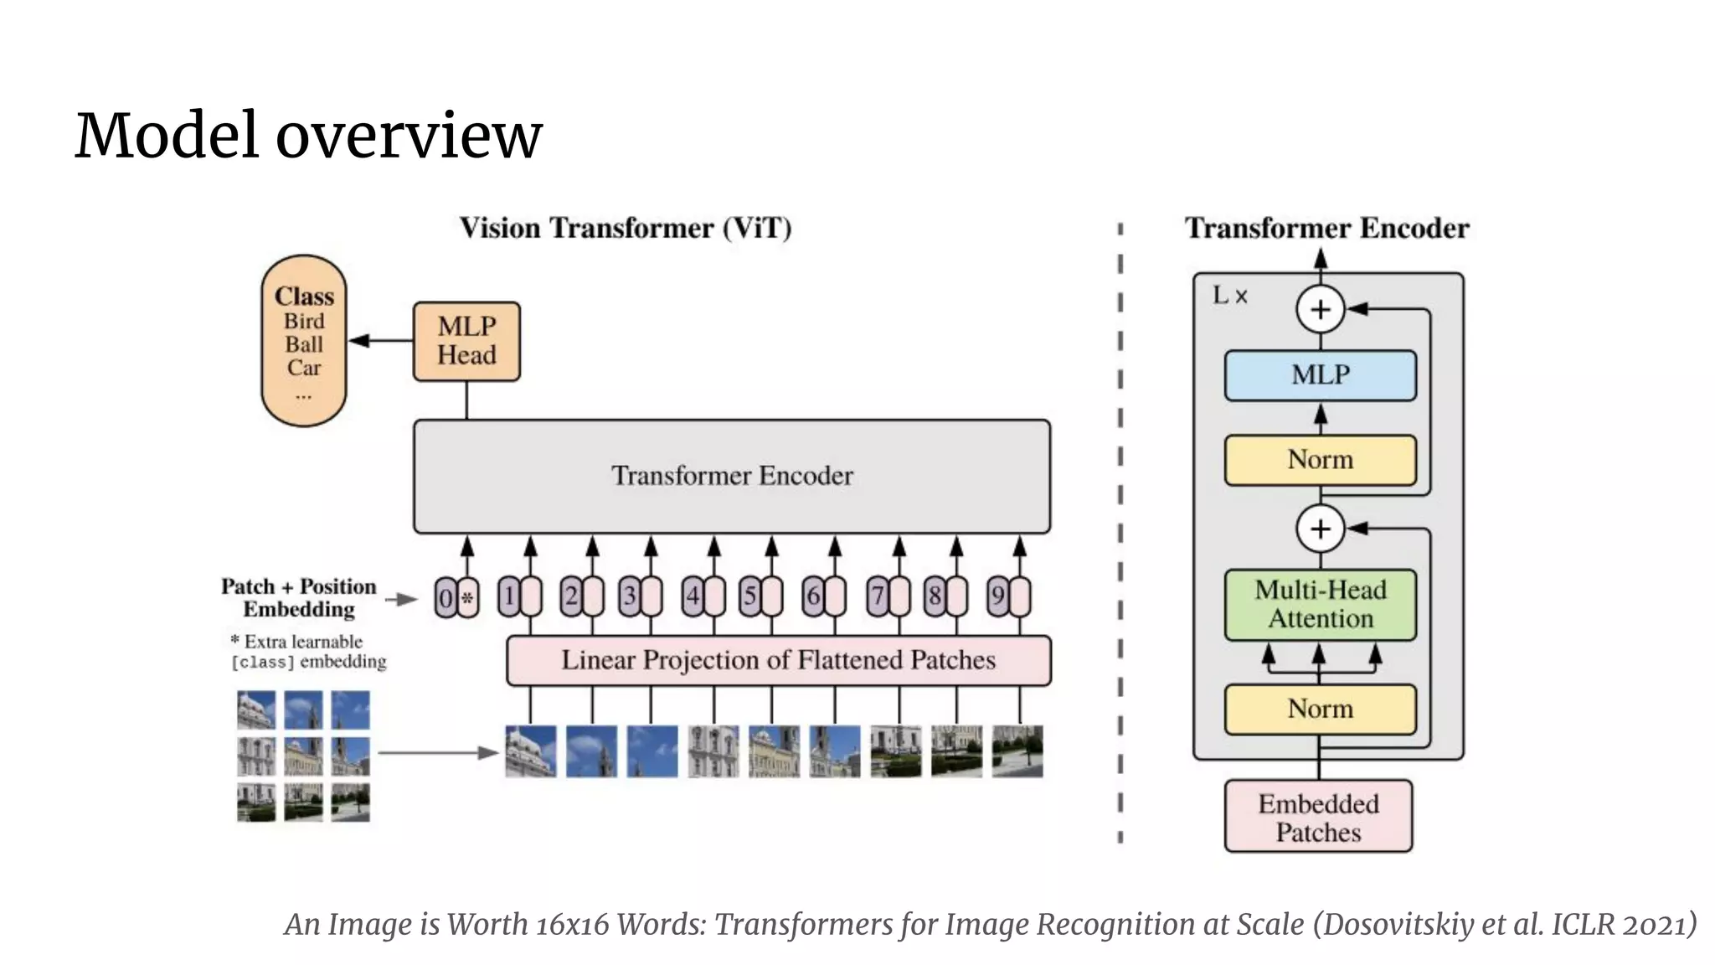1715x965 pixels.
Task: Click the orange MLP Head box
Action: (x=466, y=341)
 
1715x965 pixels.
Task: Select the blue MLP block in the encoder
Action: (x=1320, y=374)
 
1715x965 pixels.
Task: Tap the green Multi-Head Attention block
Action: (x=1320, y=604)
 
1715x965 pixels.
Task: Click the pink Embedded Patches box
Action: (x=1318, y=817)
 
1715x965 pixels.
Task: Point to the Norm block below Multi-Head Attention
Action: (x=1320, y=709)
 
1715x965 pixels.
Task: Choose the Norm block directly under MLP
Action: (x=1320, y=459)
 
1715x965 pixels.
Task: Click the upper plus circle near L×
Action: (x=1320, y=309)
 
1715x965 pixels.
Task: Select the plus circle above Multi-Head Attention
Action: (x=1320, y=529)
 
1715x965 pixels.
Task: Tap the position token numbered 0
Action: (x=445, y=598)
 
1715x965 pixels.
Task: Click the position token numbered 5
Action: (x=749, y=596)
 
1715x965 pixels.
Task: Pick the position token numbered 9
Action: (x=997, y=596)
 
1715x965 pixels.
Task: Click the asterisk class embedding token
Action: (x=468, y=598)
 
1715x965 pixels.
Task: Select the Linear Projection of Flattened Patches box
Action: (x=778, y=660)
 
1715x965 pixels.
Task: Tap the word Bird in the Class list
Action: (x=303, y=321)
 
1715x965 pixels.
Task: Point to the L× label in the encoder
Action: (x=1229, y=296)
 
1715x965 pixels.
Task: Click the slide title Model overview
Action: (x=309, y=135)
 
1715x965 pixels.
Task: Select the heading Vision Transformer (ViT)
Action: (x=625, y=228)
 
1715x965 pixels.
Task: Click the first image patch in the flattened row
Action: (x=530, y=751)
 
